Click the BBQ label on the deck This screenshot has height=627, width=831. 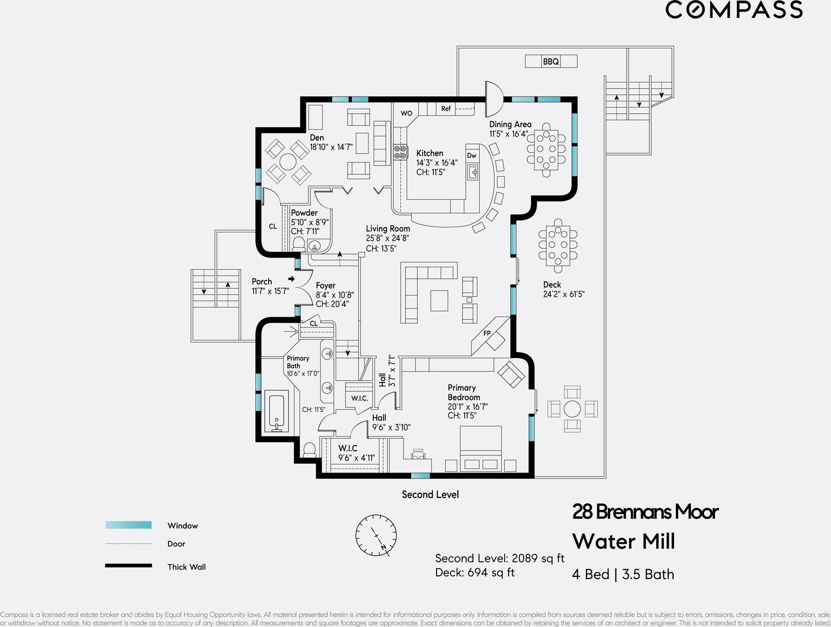tap(551, 61)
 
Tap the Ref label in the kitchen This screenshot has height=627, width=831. tap(446, 108)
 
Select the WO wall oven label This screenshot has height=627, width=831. tap(407, 113)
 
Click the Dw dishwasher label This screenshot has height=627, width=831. tap(472, 156)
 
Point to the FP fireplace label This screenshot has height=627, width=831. tap(487, 333)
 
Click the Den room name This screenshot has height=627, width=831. tap(317, 138)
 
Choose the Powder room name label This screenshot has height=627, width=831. tap(304, 213)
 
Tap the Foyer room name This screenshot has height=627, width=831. tap(325, 285)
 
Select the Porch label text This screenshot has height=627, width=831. tap(262, 281)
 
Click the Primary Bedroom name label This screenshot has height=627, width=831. tap(464, 392)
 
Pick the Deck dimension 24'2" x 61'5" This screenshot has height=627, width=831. tap(563, 294)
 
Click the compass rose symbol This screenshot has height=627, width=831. tap(376, 536)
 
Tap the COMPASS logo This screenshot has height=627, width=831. tap(734, 10)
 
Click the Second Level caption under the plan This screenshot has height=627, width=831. tap(430, 494)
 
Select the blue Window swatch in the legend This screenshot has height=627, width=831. tap(129, 525)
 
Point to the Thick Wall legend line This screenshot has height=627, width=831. tap(129, 566)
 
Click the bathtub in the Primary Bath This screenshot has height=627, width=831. tap(277, 411)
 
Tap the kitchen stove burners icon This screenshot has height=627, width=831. tap(400, 152)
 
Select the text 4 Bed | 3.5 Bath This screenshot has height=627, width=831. tap(623, 574)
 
